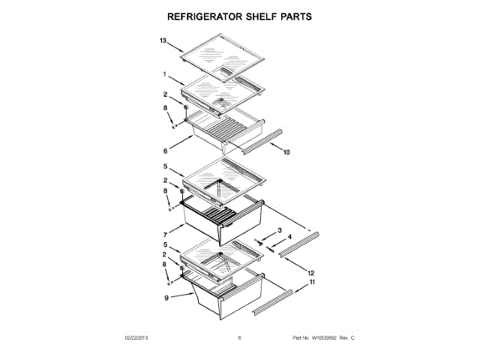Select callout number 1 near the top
pos(163,74)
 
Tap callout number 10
pos(286,152)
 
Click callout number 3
pos(280,229)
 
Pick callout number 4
pos(290,238)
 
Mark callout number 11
pos(312,283)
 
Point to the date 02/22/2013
pos(137,338)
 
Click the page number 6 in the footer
pos(240,338)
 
